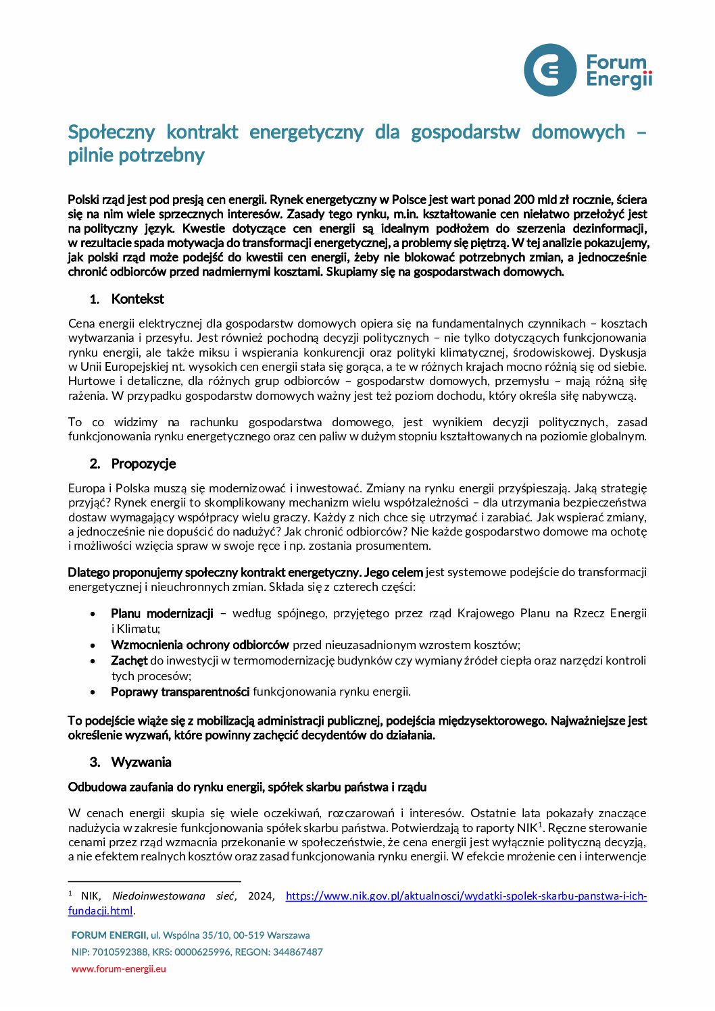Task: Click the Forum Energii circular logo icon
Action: click(x=550, y=70)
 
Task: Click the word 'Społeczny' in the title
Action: click(x=112, y=132)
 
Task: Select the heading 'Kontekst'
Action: click(x=137, y=299)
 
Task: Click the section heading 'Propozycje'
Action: click(x=143, y=463)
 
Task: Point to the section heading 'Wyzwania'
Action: click(x=141, y=762)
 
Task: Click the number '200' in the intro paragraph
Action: click(x=524, y=199)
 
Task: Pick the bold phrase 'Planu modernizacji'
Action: click(x=162, y=613)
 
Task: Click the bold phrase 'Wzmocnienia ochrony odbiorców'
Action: click(x=200, y=645)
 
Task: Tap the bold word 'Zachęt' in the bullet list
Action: click(x=129, y=660)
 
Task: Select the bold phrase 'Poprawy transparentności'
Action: click(x=180, y=692)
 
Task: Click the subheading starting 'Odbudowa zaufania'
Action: click(x=247, y=787)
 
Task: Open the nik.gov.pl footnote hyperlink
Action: click(x=466, y=896)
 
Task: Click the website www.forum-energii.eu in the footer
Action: click(x=119, y=968)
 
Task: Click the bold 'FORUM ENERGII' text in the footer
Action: click(x=109, y=935)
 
